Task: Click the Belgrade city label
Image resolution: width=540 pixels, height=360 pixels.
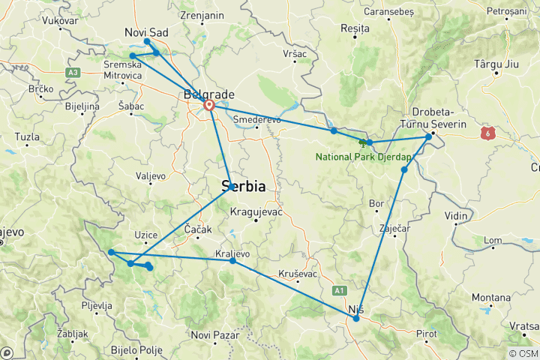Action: click(209, 94)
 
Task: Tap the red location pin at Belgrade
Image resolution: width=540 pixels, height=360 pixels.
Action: click(209, 106)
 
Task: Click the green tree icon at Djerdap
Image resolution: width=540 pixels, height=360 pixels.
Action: click(363, 143)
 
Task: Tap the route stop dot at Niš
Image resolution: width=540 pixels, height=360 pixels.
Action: click(356, 319)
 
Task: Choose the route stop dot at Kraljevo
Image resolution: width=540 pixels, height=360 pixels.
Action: click(232, 260)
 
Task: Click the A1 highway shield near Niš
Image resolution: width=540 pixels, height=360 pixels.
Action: click(340, 289)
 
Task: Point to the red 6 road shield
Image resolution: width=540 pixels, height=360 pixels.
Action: click(489, 132)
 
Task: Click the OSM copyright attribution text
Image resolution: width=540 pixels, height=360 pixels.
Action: click(523, 353)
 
